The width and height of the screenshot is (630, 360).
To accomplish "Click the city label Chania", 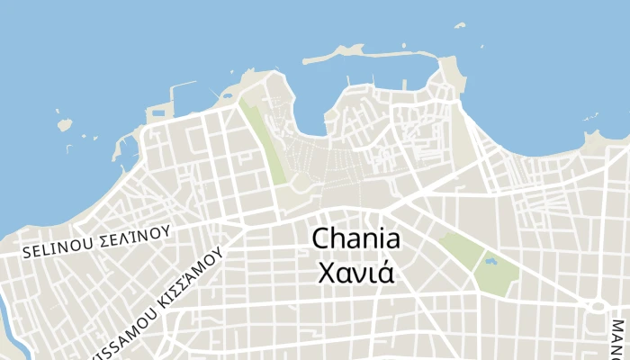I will click(355, 239).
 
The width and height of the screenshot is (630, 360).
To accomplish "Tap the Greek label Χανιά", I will click(355, 271).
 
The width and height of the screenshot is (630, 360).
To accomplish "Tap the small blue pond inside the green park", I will click(490, 262).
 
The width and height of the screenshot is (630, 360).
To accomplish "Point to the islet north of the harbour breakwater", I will click(460, 25).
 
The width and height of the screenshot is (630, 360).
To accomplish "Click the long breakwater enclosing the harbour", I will click(378, 53).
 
